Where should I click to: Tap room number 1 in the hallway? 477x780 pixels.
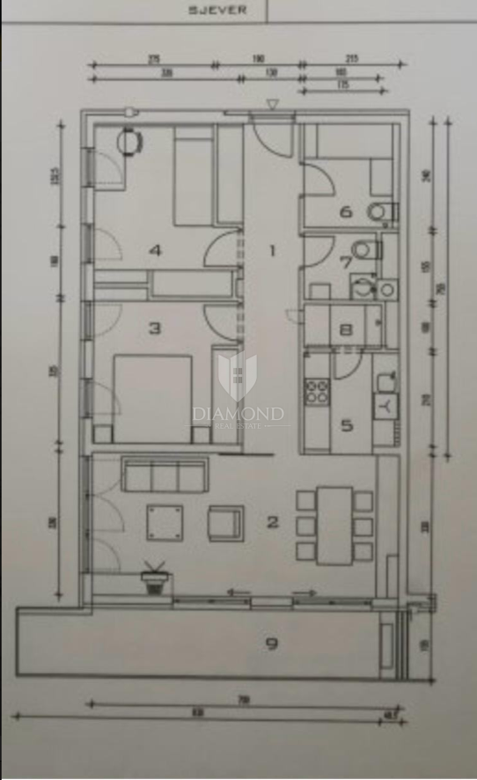pyautogui.click(x=272, y=251)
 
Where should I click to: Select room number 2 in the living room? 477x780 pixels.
pyautogui.click(x=273, y=522)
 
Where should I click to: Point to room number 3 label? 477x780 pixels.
pyautogui.click(x=155, y=328)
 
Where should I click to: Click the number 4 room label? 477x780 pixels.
pyautogui.click(x=155, y=251)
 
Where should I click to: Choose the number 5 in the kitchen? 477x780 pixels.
pyautogui.click(x=347, y=426)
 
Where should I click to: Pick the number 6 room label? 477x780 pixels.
pyautogui.click(x=346, y=211)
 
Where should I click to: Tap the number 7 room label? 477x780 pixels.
pyautogui.click(x=346, y=261)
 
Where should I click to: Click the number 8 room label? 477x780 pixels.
pyautogui.click(x=346, y=331)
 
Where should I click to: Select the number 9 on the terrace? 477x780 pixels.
pyautogui.click(x=272, y=644)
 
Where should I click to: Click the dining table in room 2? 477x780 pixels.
pyautogui.click(x=334, y=526)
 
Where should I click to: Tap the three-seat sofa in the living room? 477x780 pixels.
pyautogui.click(x=165, y=475)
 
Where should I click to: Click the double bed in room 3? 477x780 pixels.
pyautogui.click(x=153, y=398)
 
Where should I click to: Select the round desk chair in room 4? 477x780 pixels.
pyautogui.click(x=132, y=141)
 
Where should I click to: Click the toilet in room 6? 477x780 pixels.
pyautogui.click(x=380, y=211)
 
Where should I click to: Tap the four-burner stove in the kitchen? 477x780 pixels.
pyautogui.click(x=317, y=391)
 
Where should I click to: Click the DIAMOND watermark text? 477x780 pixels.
pyautogui.click(x=238, y=413)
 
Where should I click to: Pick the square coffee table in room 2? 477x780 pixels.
pyautogui.click(x=165, y=524)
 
